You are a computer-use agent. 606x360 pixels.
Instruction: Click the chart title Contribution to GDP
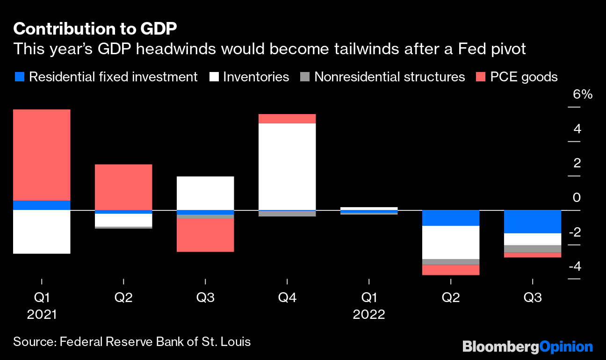tap(95, 29)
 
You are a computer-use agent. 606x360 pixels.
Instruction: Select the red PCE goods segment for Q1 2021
tap(42, 155)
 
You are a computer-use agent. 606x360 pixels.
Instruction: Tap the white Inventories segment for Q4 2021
tap(287, 166)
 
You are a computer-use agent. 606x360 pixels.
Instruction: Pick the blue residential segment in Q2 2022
tap(451, 218)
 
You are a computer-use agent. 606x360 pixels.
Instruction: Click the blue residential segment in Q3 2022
tap(533, 222)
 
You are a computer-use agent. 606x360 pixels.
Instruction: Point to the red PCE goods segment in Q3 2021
tap(205, 235)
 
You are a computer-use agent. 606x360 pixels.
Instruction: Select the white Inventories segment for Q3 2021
tap(205, 193)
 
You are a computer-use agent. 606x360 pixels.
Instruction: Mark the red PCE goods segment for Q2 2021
tap(123, 187)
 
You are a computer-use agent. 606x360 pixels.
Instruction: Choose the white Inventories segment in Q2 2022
tap(451, 242)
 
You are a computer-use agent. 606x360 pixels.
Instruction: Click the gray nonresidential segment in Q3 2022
tap(533, 249)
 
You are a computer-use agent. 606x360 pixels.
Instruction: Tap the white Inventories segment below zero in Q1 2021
tap(42, 232)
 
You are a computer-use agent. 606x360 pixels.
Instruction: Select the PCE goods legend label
tap(524, 77)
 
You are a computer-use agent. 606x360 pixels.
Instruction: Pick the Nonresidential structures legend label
tap(390, 77)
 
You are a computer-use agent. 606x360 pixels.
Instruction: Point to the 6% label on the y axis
tap(583, 94)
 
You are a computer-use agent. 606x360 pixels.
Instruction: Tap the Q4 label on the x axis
tap(287, 297)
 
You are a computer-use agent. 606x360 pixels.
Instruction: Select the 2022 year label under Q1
tap(369, 315)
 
